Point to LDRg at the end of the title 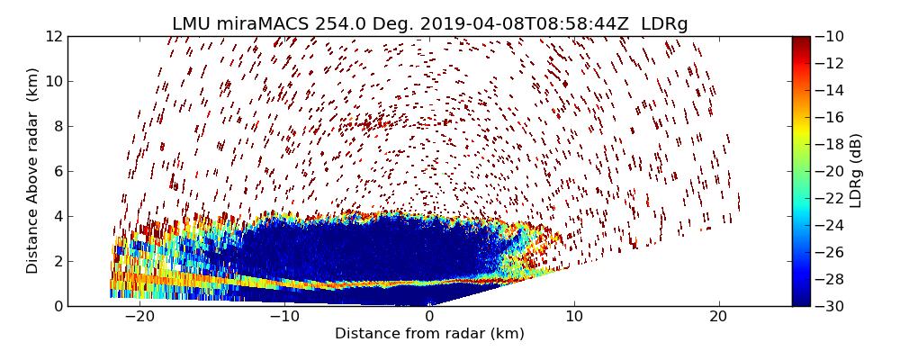[x=664, y=24]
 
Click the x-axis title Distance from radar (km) [x=429, y=334]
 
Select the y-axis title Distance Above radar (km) [x=33, y=171]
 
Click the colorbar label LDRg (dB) [x=856, y=171]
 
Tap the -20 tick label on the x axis [x=139, y=317]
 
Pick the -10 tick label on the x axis [x=284, y=317]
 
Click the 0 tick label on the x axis [x=429, y=317]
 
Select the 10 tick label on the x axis [x=574, y=317]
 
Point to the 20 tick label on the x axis [x=718, y=317]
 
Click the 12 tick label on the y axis [x=53, y=36]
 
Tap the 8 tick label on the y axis [x=57, y=126]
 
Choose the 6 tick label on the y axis [x=57, y=171]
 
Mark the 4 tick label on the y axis [x=57, y=216]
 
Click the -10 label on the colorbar [x=829, y=36]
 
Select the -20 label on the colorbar [x=829, y=171]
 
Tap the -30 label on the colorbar [x=829, y=306]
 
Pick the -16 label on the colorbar [x=829, y=117]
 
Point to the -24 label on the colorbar [x=829, y=225]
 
